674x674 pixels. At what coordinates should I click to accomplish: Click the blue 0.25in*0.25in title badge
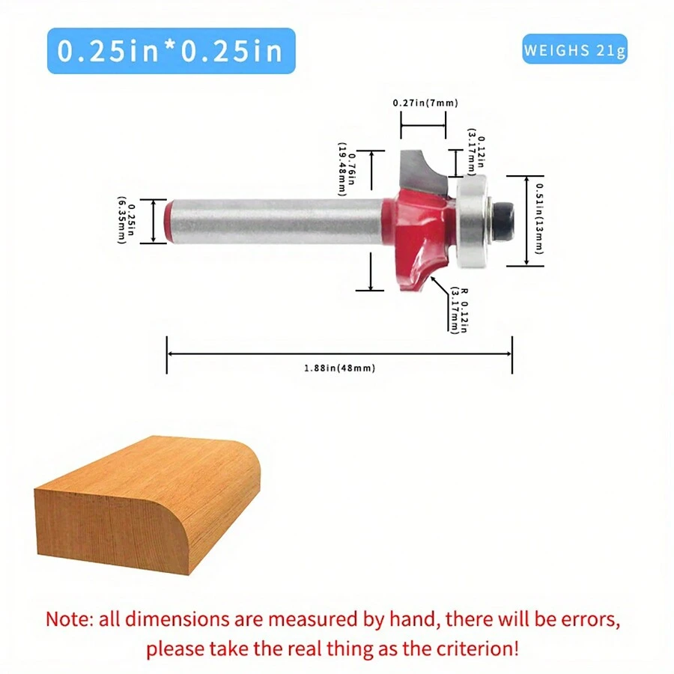(171, 51)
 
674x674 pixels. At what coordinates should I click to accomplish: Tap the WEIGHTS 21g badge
(574, 49)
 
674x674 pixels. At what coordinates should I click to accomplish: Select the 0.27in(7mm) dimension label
(425, 103)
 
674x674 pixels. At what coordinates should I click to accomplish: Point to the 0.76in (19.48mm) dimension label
(347, 169)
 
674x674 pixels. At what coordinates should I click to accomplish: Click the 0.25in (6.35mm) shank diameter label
(127, 220)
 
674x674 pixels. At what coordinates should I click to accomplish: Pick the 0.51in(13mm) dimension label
(539, 219)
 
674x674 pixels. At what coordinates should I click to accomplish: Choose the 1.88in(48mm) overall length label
(339, 368)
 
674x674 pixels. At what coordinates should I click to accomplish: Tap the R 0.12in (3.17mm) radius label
(458, 309)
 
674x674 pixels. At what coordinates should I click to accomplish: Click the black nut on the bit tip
(504, 221)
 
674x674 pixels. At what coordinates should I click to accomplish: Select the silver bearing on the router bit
(472, 221)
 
